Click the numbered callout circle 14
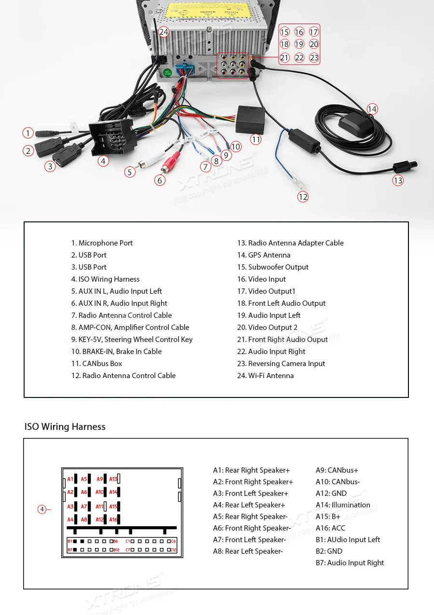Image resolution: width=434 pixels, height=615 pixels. click(x=372, y=109)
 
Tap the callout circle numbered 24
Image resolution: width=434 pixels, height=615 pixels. click(x=164, y=32)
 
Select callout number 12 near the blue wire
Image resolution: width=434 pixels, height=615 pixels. click(x=303, y=196)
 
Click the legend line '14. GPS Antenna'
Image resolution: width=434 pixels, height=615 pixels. click(x=264, y=255)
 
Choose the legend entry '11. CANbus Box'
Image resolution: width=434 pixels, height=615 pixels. click(x=96, y=364)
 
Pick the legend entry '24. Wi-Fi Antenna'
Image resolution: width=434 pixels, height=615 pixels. click(x=265, y=376)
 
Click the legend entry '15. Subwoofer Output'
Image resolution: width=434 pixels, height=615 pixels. click(x=272, y=267)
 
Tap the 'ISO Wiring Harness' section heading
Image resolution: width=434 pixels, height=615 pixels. click(x=65, y=427)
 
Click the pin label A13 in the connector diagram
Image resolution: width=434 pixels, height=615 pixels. click(x=113, y=479)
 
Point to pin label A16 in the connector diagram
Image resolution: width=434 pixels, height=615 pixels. click(x=113, y=519)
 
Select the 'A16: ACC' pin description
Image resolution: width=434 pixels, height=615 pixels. click(x=330, y=528)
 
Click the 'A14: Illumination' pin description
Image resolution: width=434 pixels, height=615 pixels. click(x=343, y=505)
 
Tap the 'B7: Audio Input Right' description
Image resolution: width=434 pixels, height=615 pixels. click(x=350, y=563)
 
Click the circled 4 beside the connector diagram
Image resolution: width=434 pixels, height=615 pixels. click(x=42, y=509)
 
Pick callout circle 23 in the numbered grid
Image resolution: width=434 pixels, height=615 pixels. click(x=314, y=58)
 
